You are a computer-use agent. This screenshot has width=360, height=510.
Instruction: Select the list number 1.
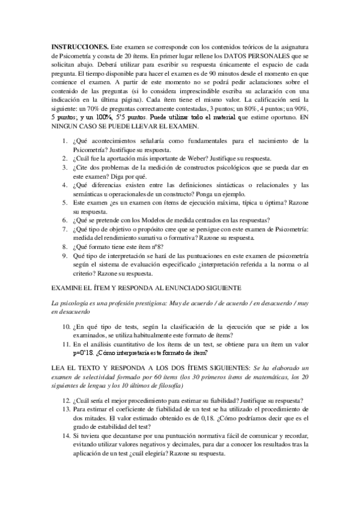66,141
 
